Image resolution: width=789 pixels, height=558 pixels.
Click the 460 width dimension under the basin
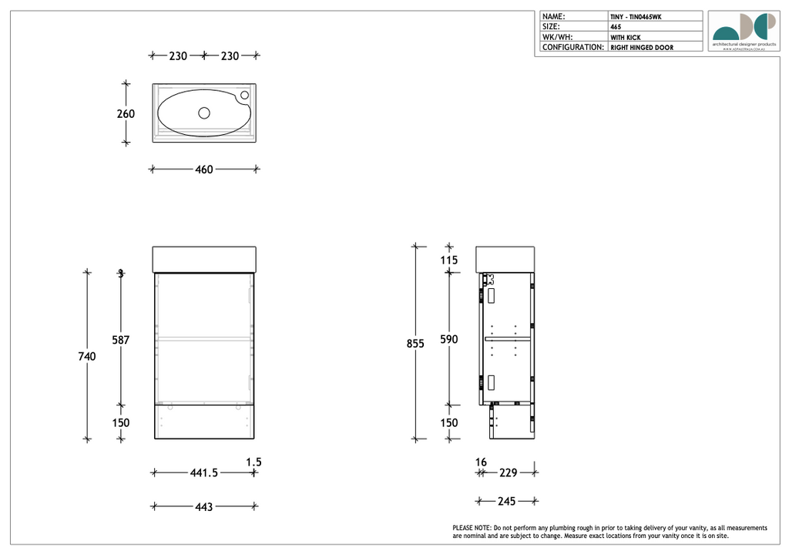203,170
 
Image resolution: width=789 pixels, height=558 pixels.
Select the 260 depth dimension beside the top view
126,114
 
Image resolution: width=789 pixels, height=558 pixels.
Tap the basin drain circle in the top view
204,113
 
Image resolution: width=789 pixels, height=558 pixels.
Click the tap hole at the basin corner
244,95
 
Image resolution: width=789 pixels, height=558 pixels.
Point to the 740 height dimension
86,356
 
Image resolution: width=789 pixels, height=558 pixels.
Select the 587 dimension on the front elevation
121,340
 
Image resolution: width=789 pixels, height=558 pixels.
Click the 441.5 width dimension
204,473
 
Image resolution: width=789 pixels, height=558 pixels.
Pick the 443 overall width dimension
203,507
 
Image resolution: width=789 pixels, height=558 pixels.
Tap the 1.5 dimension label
253,462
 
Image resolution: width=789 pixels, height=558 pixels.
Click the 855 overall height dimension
415,345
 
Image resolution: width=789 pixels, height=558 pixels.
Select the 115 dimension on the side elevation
448,261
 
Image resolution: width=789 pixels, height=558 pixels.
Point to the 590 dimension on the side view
448,340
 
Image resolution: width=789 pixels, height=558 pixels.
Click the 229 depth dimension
508,473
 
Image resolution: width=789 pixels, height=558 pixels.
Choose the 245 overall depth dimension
506,502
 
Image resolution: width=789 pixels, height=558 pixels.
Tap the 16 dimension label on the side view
481,462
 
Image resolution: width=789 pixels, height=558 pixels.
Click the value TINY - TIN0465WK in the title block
636,16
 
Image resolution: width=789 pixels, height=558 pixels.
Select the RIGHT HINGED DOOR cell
642,48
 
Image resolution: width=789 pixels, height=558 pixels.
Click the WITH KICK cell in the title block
625,37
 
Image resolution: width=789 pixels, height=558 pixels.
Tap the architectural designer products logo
744,32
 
